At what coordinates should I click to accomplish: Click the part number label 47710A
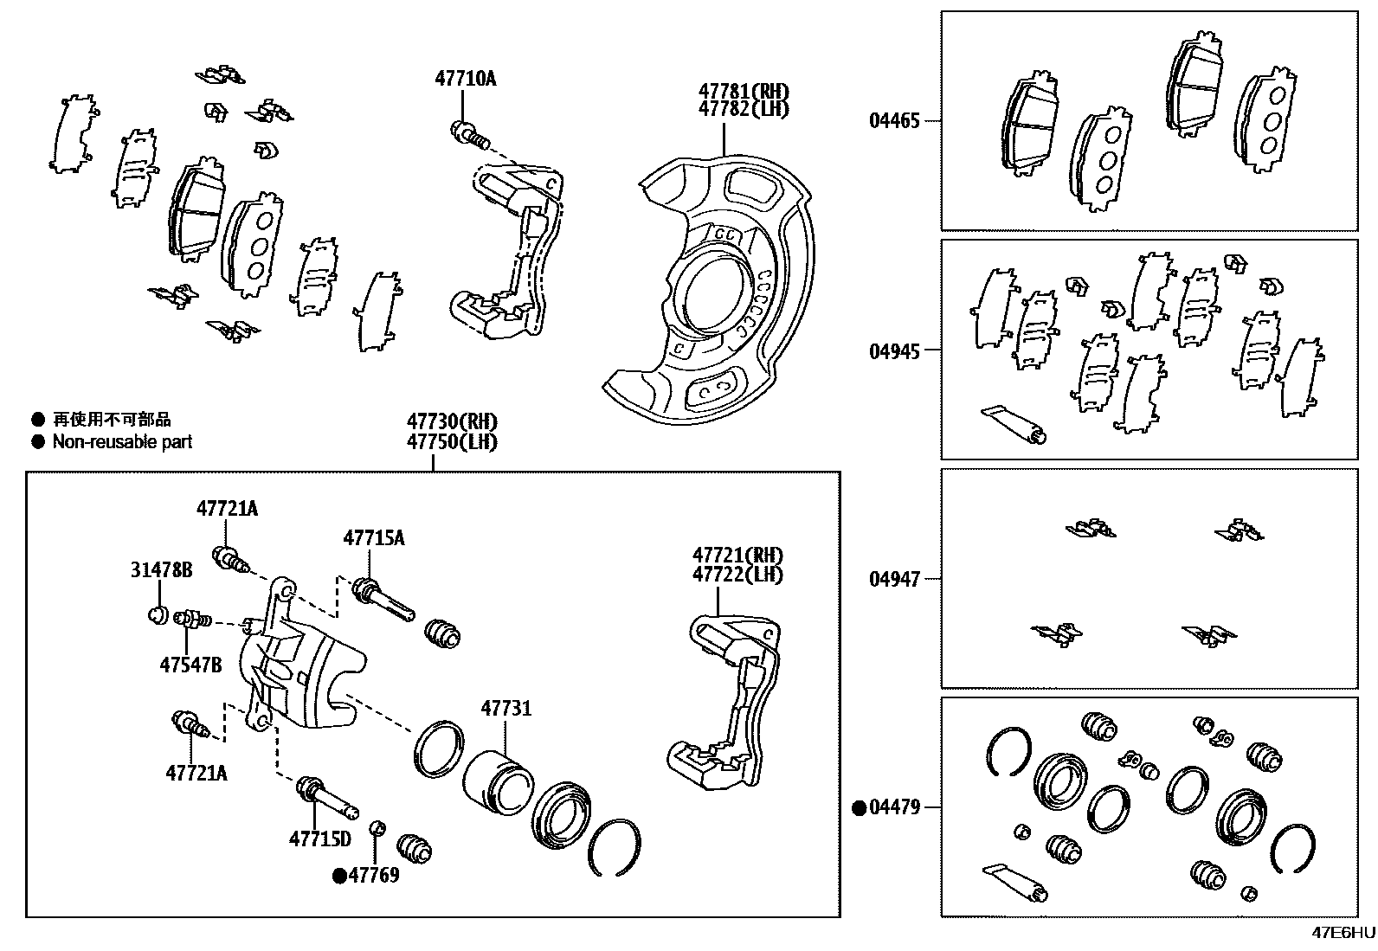point(465,79)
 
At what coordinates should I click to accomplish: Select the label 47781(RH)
point(744,91)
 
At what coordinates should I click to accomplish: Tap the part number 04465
point(894,120)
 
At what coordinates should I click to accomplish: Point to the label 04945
point(894,350)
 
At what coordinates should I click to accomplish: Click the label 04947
point(894,579)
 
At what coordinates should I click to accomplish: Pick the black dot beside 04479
point(859,808)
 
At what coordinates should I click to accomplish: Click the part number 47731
point(506,709)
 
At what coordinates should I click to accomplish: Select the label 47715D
point(320,839)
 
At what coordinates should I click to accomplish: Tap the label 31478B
point(162,569)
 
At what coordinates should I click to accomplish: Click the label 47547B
point(190,665)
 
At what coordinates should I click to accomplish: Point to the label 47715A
point(373,537)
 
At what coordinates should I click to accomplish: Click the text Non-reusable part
point(122,442)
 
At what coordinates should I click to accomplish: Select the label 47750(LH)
point(453,441)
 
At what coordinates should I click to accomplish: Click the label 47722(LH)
point(737,575)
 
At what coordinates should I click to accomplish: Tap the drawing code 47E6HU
point(1343,933)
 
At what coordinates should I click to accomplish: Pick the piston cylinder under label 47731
point(494,781)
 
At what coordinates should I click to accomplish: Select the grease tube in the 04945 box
point(1014,423)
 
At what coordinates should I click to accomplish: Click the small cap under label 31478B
point(157,615)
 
